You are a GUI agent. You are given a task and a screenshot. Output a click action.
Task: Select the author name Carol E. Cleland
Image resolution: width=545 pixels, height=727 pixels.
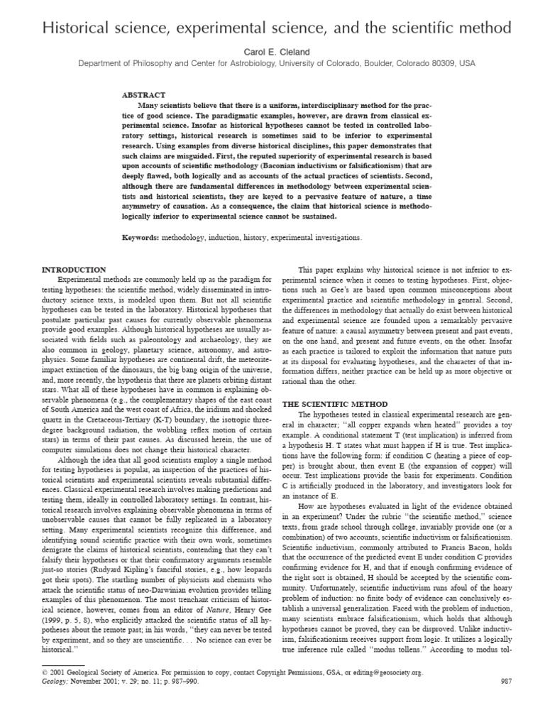pyautogui.click(x=272, y=52)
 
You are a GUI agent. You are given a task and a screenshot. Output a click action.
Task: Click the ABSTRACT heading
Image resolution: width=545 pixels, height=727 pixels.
pyautogui.click(x=144, y=94)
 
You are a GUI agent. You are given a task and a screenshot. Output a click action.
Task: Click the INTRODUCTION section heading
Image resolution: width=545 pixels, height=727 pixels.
pyautogui.click(x=74, y=270)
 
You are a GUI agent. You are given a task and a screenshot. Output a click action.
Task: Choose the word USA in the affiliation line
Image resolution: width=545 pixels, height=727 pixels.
pyautogui.click(x=467, y=63)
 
